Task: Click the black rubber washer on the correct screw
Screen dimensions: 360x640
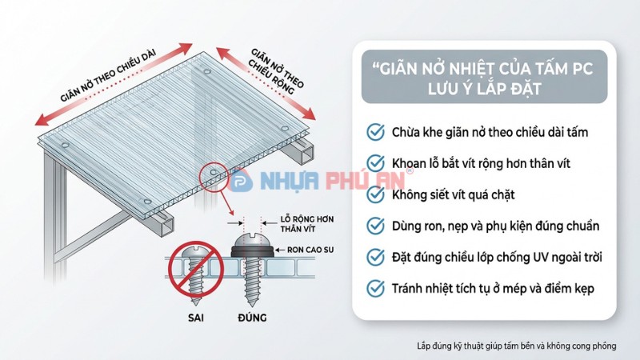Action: pos(250,250)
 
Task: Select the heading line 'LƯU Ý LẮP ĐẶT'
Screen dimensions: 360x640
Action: pos(478,87)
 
